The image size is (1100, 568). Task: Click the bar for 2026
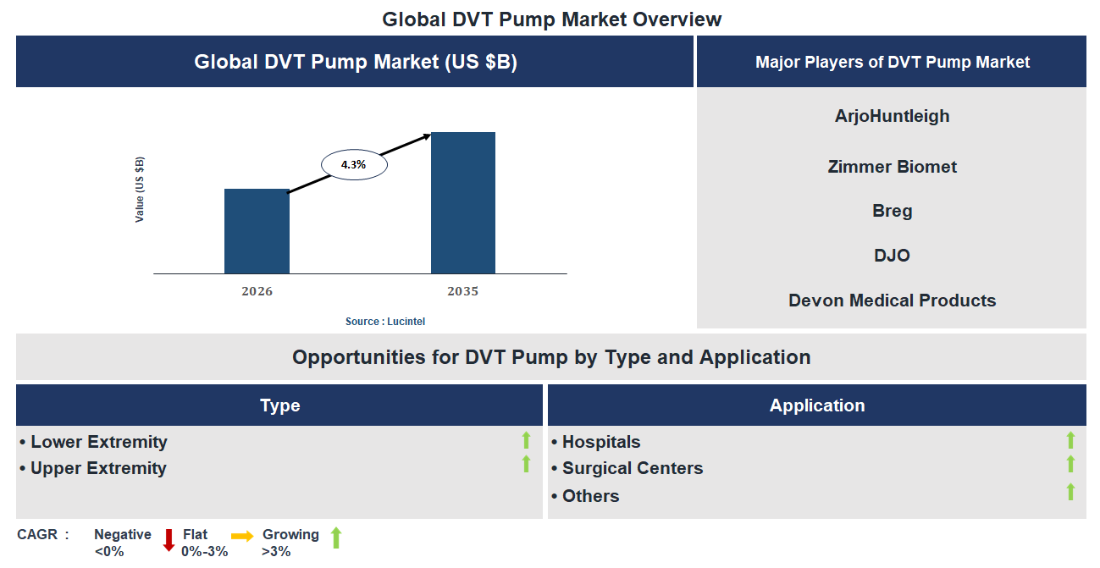coord(257,231)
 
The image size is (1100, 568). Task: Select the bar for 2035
coord(463,203)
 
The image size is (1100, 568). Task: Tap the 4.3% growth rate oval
coord(353,165)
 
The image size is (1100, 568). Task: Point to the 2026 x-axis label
coord(257,291)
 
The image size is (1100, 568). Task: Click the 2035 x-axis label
coord(463,291)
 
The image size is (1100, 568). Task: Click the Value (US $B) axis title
coord(140,190)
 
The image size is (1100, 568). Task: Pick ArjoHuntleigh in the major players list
coord(892,116)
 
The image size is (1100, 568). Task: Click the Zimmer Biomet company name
coord(892,167)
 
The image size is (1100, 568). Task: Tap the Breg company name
coord(892,211)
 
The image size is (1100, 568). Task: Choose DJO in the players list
coord(892,256)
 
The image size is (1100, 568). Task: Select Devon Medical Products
coord(892,301)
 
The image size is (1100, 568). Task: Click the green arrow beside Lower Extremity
coord(526,440)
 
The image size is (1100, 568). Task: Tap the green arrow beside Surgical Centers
coord(1070,464)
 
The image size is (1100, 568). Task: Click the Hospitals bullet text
coord(600,442)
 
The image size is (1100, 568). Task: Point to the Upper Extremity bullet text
coord(98,468)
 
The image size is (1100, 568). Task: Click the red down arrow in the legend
coord(169,540)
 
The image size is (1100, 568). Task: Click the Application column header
coord(816,405)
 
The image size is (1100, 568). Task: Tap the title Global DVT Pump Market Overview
coord(551,19)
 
